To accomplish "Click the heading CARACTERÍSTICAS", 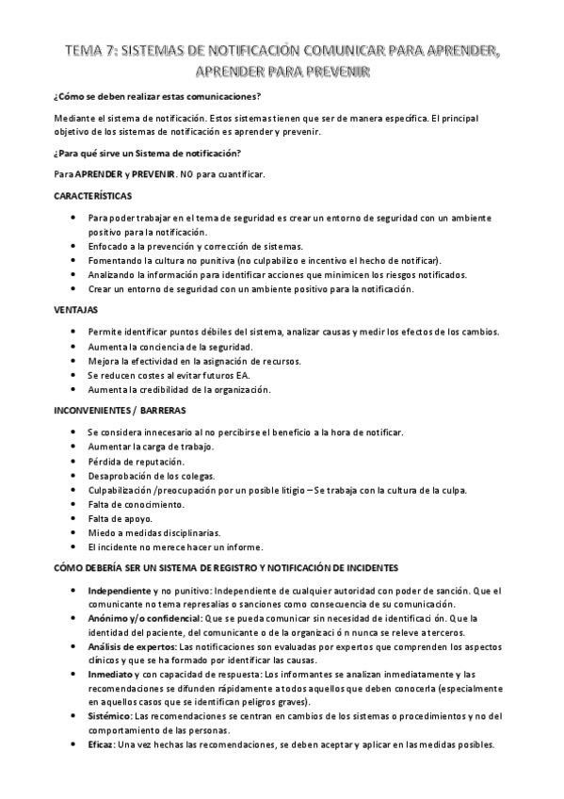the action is (x=93, y=196).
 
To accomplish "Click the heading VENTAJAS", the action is (x=74, y=310).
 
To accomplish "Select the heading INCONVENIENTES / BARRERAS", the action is (x=119, y=410).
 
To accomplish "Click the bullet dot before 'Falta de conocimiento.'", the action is (x=75, y=504).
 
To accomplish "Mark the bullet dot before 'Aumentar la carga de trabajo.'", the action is (x=75, y=447).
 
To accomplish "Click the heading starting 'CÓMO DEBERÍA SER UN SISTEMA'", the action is (x=226, y=567).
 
